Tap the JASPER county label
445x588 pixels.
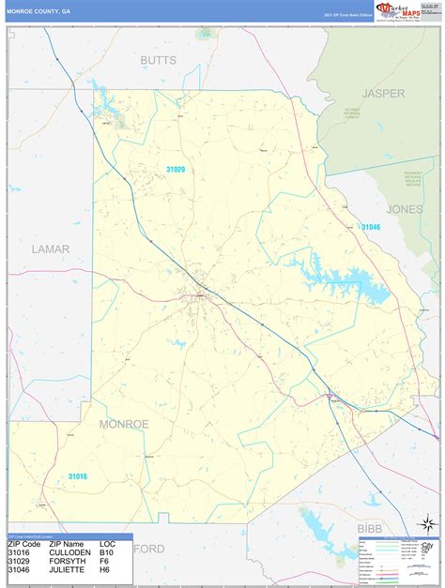[384, 94]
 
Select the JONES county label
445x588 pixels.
[405, 209]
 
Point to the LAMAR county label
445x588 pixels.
[51, 249]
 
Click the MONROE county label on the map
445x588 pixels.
[124, 424]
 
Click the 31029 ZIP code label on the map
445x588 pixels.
[176, 169]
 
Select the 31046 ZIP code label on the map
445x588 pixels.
[371, 227]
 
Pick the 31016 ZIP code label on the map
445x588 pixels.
[78, 476]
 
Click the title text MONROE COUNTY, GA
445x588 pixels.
[38, 11]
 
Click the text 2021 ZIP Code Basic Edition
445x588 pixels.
[347, 16]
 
